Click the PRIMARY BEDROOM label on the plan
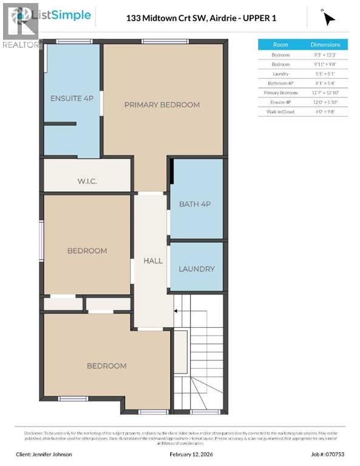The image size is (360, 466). [x=161, y=104]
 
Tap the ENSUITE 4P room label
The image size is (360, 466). [x=72, y=98]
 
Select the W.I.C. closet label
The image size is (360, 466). [x=87, y=181]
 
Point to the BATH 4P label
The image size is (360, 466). [x=194, y=204]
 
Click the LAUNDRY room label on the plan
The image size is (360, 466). [x=196, y=269]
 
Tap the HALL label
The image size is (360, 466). [x=152, y=260]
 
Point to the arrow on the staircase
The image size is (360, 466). [x=178, y=309]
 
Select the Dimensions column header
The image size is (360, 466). [x=325, y=45]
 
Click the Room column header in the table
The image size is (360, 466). [x=280, y=45]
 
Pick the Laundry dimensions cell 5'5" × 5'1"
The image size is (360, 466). [x=325, y=73]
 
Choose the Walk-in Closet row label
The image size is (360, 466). [x=280, y=112]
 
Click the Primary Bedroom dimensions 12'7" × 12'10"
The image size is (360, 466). [x=325, y=93]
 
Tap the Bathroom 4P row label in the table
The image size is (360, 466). [x=280, y=83]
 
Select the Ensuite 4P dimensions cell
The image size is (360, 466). [x=325, y=103]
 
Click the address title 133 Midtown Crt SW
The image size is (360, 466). [x=201, y=18]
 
